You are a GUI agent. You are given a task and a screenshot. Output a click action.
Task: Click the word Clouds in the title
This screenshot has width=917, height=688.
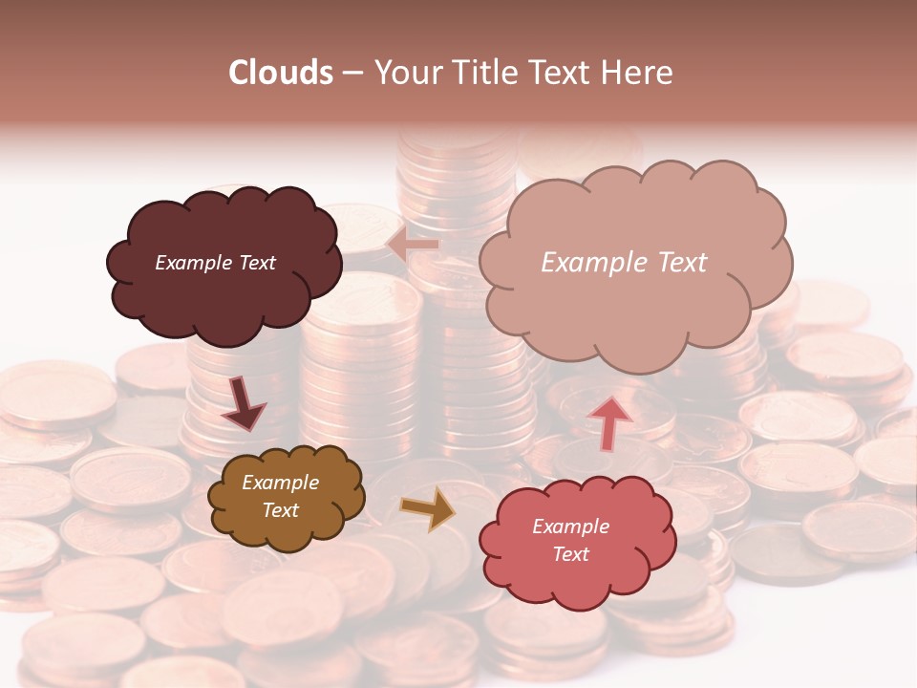coord(281,73)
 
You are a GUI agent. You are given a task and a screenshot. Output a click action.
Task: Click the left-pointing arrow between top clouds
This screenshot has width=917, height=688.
coord(413,245)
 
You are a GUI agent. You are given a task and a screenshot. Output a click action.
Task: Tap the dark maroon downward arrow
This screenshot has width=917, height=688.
coord(243,403)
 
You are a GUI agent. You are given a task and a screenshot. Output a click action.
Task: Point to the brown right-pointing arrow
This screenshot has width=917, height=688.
coord(428,508)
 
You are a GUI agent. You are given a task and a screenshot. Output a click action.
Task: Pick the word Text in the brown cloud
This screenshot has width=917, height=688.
coord(281,510)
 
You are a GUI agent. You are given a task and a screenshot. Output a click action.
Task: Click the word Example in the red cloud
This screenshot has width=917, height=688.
coord(570,527)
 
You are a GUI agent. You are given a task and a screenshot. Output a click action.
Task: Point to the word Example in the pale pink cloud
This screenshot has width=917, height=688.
coord(592,263)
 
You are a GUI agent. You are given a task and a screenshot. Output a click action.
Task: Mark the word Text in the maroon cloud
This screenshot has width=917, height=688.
coord(256,263)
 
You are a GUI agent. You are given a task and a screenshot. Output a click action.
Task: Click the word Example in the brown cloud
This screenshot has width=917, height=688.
coord(281,483)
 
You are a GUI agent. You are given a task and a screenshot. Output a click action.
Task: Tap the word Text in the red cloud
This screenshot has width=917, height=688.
coord(570,554)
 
